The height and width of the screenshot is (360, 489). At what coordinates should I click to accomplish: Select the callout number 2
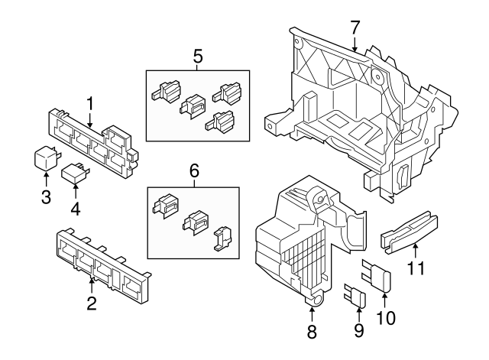point(92,304)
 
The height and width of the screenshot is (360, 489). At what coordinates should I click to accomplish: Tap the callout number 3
point(46,199)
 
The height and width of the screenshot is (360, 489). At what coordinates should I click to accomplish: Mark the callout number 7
point(355,27)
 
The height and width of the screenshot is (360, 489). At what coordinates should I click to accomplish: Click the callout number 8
point(312,332)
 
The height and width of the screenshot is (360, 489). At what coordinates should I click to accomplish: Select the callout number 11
point(415,268)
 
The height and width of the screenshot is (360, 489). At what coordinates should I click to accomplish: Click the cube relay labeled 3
point(46,157)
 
